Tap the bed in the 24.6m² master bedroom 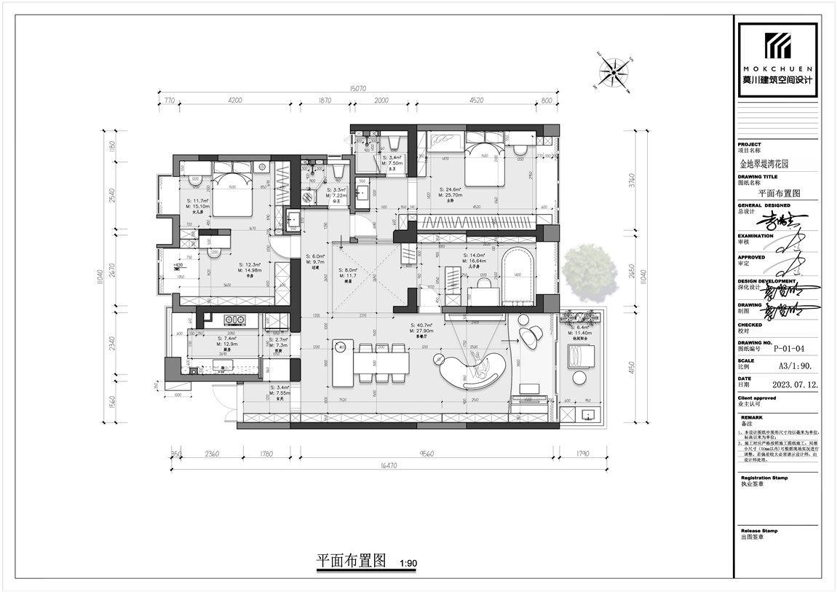tap(480, 164)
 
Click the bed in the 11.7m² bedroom tap(232, 192)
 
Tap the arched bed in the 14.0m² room tap(518, 277)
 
